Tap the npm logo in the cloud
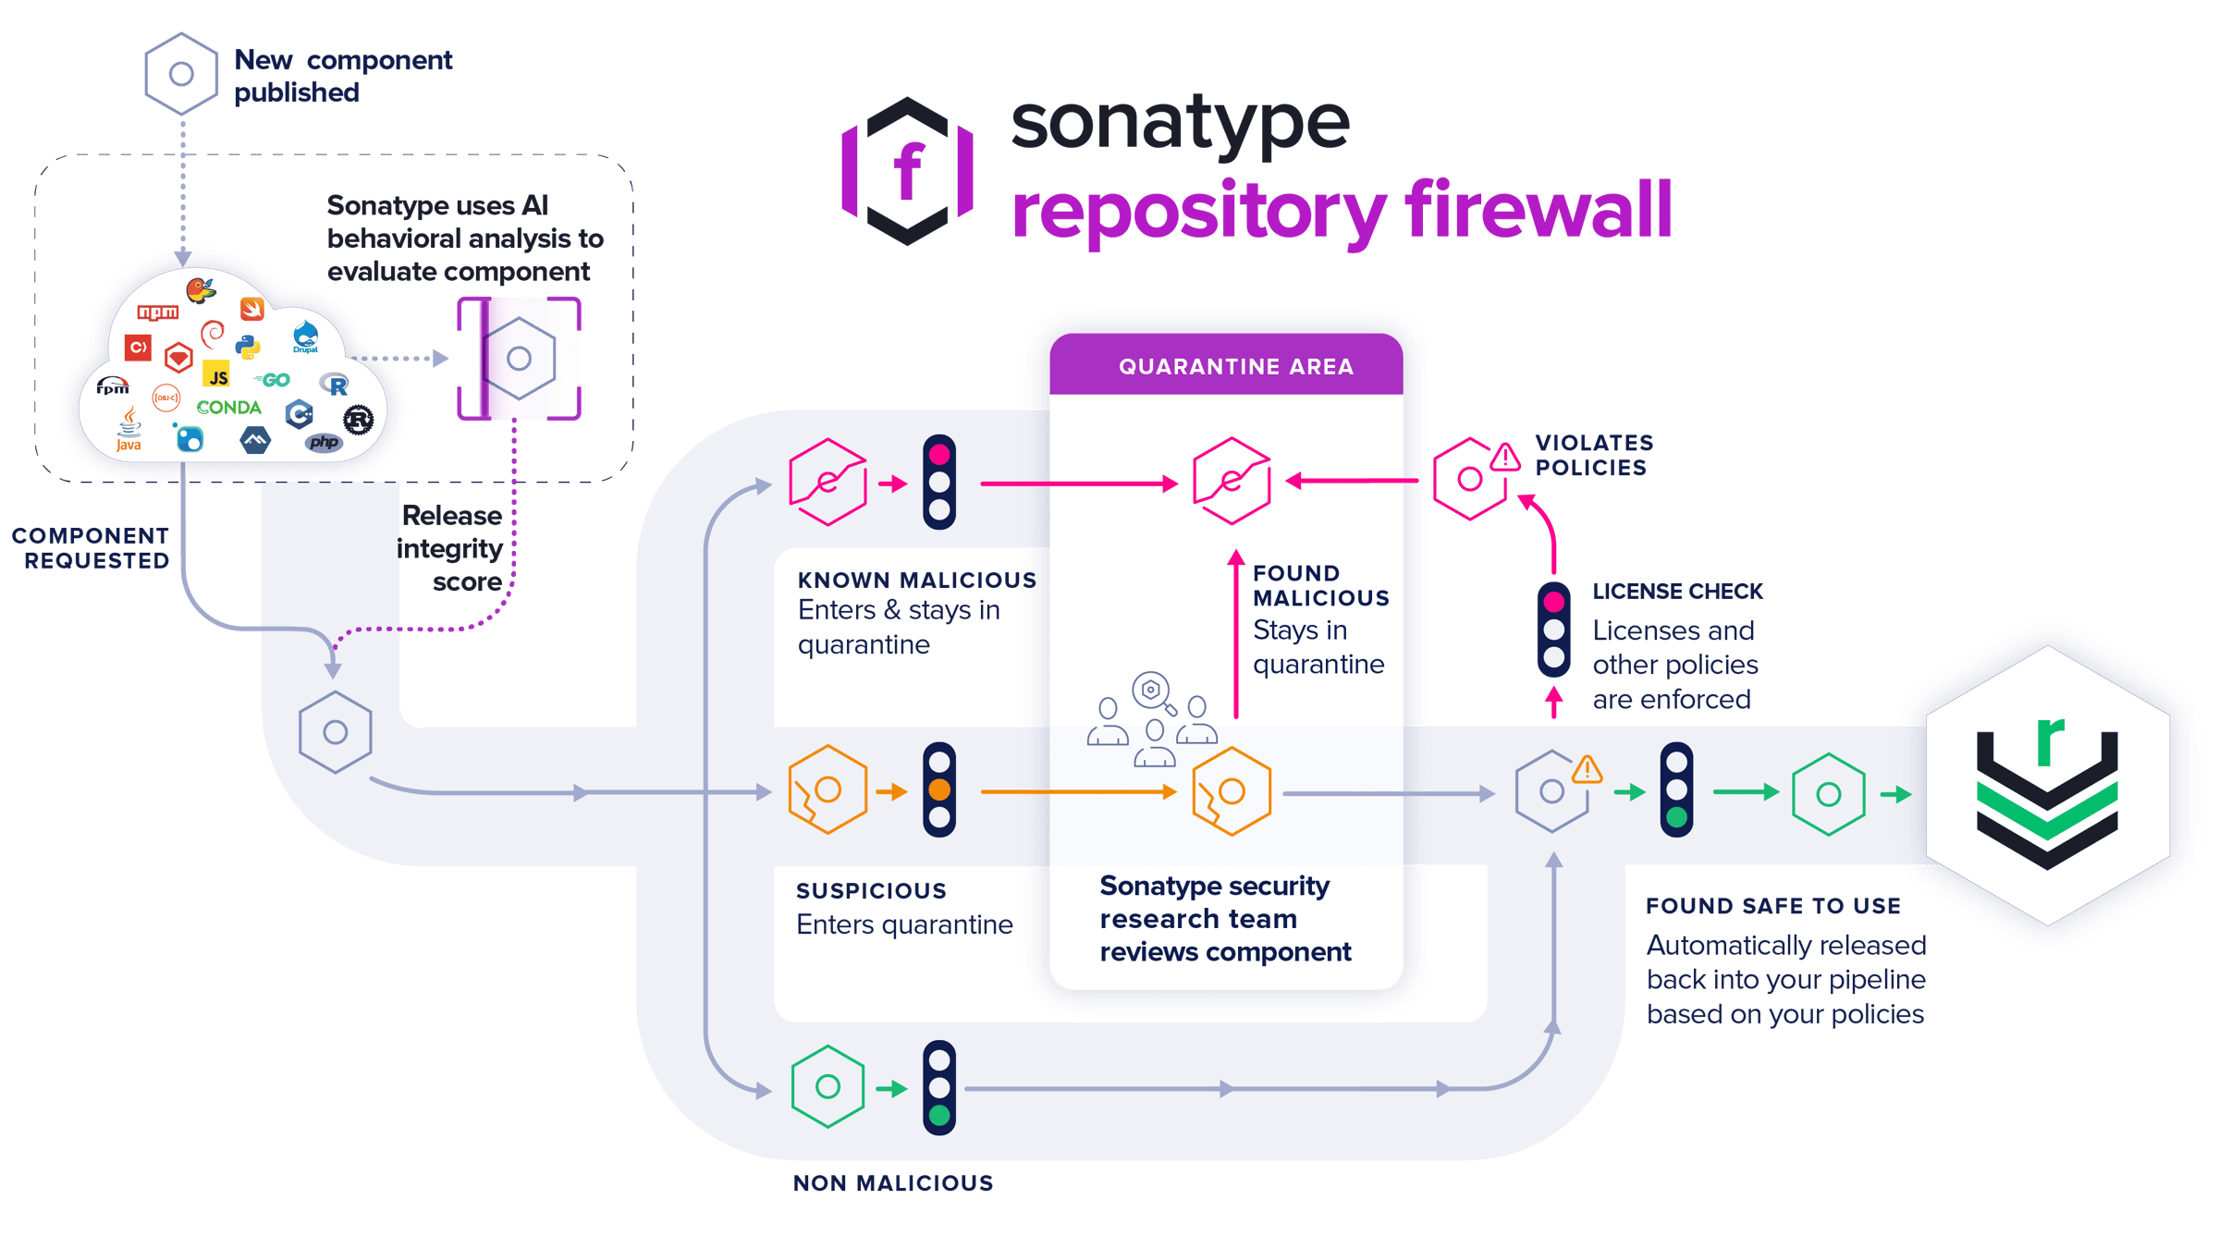click(x=158, y=312)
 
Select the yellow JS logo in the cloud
click(x=216, y=375)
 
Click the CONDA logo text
click(x=228, y=408)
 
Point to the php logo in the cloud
click(x=324, y=442)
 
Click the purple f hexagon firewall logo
click(x=908, y=170)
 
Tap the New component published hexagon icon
click(x=181, y=74)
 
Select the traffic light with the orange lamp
click(x=938, y=789)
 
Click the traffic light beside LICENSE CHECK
click(x=1553, y=629)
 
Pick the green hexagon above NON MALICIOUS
click(x=828, y=1086)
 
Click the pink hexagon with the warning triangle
click(x=1473, y=478)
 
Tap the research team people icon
click(x=1151, y=721)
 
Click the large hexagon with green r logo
click(x=2048, y=786)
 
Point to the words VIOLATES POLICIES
click(x=1594, y=456)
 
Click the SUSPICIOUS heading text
click(x=871, y=891)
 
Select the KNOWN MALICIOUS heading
click(x=915, y=581)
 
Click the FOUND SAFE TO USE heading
click(x=1772, y=906)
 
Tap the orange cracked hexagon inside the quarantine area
click(x=1231, y=792)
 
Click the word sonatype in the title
click(x=1180, y=124)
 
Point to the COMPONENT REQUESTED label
click(x=91, y=548)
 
